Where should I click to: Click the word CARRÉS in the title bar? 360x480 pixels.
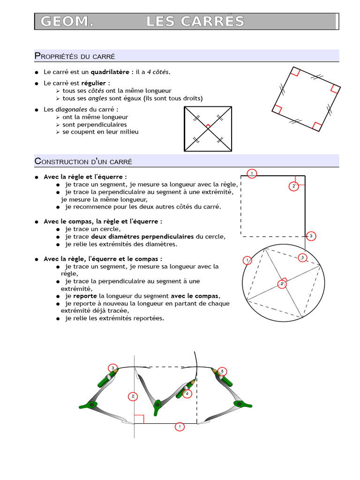pos(219,22)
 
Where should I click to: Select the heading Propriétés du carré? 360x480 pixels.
pos(75,56)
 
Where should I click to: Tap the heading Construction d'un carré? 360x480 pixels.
pos(83,161)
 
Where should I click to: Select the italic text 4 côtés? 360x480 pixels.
pos(158,72)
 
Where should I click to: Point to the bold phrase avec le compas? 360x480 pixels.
pos(195,296)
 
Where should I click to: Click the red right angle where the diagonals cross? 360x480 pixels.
pos(208,126)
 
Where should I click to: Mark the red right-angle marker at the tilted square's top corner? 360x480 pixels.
pos(294,72)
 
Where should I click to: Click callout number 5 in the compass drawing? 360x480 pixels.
pos(222,371)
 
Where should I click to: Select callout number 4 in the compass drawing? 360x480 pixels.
pos(187,394)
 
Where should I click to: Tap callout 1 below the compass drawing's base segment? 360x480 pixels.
pos(179,427)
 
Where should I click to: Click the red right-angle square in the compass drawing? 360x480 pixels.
pos(139,419)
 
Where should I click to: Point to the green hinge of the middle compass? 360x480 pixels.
pos(158,404)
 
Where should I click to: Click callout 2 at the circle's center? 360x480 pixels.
pos(282,284)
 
